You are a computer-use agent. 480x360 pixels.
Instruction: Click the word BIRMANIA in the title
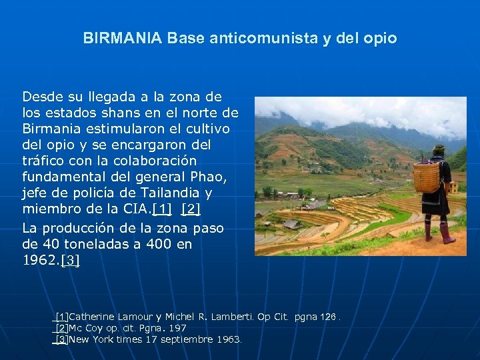[123, 39]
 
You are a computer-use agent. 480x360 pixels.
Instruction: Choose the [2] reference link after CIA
[190, 210]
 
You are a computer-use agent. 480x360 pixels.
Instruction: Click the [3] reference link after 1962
[70, 261]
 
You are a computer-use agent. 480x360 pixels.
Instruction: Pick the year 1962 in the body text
[39, 261]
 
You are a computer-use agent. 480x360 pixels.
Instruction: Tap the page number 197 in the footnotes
[177, 328]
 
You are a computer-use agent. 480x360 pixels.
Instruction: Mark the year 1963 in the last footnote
[229, 339]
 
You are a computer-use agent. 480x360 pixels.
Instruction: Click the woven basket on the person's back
[426, 176]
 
